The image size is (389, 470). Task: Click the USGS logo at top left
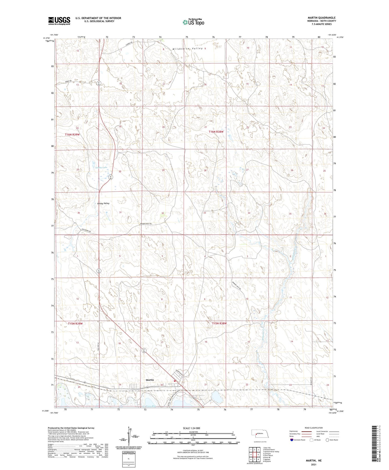(x=59, y=21)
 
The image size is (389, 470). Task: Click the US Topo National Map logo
(x=193, y=22)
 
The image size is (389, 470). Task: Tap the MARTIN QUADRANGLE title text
(x=321, y=18)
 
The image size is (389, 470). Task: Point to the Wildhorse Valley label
(x=187, y=49)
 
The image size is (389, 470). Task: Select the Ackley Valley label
(x=103, y=204)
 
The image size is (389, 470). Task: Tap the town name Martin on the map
(x=150, y=380)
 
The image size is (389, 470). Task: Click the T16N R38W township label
(x=216, y=132)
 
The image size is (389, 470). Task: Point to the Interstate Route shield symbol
(x=292, y=440)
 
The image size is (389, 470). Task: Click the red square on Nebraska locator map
(x=256, y=434)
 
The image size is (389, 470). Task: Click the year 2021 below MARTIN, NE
(x=314, y=464)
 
